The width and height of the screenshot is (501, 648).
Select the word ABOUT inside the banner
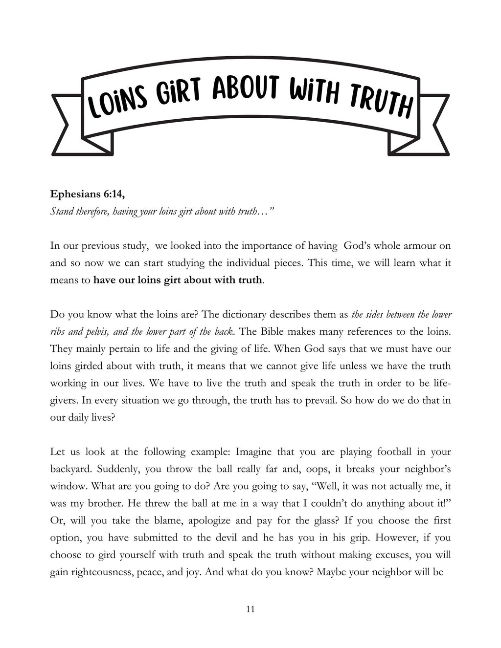246,88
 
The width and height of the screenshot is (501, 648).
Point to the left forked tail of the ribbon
68,125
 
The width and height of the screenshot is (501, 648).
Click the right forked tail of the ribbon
433,125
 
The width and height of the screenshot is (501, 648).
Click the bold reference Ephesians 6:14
87,194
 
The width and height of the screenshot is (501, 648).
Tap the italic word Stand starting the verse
62,211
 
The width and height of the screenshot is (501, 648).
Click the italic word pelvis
96,332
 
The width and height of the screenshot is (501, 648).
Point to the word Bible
272,332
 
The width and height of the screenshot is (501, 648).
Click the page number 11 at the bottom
250,609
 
